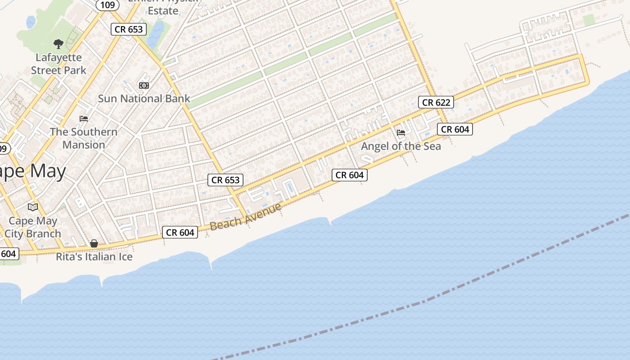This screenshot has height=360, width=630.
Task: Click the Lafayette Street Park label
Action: [58, 64]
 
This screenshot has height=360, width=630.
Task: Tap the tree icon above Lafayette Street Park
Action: [58, 44]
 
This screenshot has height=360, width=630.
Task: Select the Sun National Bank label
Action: [144, 99]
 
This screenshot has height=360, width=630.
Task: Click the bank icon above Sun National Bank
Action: [144, 85]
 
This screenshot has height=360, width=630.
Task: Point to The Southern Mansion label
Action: [84, 138]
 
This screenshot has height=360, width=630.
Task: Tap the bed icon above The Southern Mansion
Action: [84, 119]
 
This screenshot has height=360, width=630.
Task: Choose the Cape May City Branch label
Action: [33, 227]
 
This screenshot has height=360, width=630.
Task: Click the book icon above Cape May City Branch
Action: [33, 207]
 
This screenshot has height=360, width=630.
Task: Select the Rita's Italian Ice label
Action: [94, 256]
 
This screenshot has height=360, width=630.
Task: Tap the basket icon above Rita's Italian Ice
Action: [94, 243]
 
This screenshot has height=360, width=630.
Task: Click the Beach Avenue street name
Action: [246, 216]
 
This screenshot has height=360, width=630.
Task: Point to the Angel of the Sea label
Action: [401, 146]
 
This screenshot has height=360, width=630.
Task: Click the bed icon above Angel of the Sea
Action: [401, 133]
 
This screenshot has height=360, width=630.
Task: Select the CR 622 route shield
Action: [436, 102]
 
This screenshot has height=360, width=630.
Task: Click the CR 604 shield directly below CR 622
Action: [455, 130]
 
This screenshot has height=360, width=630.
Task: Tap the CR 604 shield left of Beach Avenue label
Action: [180, 232]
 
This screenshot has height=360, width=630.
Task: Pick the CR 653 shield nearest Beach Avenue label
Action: [225, 180]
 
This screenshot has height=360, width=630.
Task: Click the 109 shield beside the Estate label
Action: [108, 5]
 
